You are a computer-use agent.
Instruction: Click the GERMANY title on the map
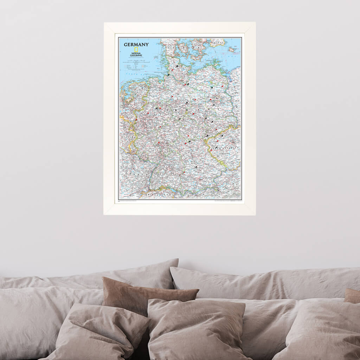pos(136,45)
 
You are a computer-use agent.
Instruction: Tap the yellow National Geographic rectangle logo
pos(136,50)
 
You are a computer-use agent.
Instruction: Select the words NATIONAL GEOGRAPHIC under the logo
pos(136,54)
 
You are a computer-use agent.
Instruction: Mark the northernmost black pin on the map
pos(178,66)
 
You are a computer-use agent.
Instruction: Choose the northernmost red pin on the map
pos(173,70)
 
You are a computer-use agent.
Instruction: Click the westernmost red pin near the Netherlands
pos(136,120)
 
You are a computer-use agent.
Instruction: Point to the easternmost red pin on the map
pos(222,86)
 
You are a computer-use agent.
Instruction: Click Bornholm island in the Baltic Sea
pos(231,50)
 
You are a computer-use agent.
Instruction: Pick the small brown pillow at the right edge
pos(353,296)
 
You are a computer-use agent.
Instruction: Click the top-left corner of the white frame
pos(104,23)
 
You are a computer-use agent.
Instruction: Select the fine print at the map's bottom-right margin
pos(229,201)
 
